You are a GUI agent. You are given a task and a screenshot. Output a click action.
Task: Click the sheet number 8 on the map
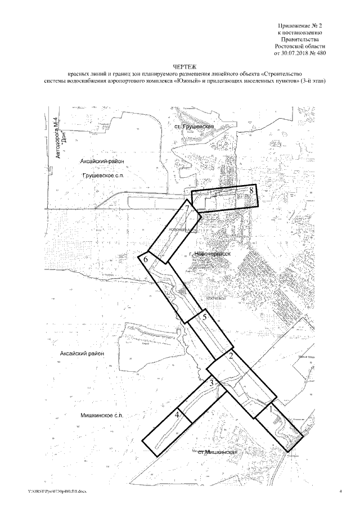pyautogui.click(x=253, y=191)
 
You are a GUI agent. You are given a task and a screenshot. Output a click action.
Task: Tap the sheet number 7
pyautogui.click(x=186, y=210)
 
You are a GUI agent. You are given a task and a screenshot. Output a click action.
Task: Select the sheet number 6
pyautogui.click(x=146, y=260)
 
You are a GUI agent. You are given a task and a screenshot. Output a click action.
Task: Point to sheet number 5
pyautogui.click(x=205, y=317)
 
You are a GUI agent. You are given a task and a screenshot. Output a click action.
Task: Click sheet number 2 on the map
pyautogui.click(x=231, y=355)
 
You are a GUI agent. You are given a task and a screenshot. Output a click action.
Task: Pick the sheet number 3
pyautogui.click(x=211, y=383)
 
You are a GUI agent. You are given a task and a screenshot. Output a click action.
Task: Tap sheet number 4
pyautogui.click(x=178, y=415)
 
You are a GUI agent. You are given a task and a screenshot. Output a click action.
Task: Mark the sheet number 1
pyautogui.click(x=273, y=410)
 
